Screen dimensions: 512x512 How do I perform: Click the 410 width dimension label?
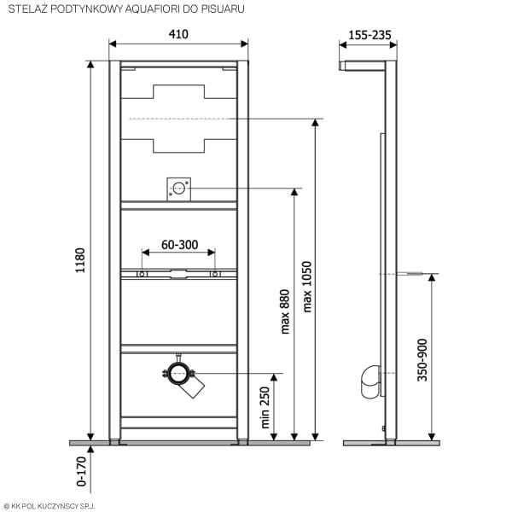click(x=178, y=34)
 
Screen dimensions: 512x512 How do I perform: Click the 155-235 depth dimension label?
click(x=369, y=35)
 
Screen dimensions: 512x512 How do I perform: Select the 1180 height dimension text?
click(x=80, y=260)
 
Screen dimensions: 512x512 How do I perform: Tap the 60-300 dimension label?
click(x=179, y=245)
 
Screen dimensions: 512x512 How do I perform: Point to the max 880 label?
click(x=285, y=311)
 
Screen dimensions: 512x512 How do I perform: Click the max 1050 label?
click(x=307, y=287)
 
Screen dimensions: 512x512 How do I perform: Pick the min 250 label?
click(x=265, y=408)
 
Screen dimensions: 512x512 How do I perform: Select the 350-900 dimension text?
click(x=422, y=360)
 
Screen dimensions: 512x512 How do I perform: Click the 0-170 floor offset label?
click(x=81, y=471)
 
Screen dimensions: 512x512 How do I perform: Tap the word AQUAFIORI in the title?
click(x=153, y=9)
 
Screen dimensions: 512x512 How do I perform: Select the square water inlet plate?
click(x=178, y=189)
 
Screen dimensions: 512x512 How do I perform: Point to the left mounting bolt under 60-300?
click(x=142, y=274)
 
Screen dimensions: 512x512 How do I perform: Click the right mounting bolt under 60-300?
click(x=214, y=274)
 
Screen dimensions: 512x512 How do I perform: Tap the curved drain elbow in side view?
click(x=370, y=381)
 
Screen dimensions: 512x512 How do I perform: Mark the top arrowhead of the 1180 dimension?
click(x=90, y=64)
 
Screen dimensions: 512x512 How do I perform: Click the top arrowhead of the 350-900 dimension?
click(x=432, y=277)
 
